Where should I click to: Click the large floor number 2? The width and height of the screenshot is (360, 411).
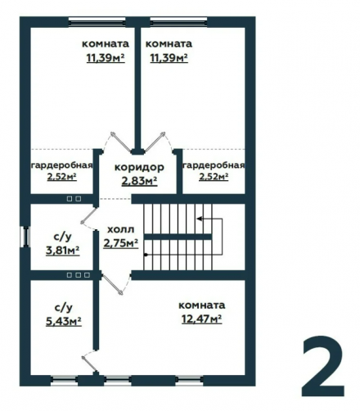pyautogui.click(x=323, y=367)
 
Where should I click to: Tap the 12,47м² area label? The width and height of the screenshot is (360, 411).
pyautogui.click(x=201, y=318)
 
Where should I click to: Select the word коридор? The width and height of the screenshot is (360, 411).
pyautogui.click(x=139, y=167)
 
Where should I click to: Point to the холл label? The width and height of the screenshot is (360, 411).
pyautogui.click(x=121, y=229)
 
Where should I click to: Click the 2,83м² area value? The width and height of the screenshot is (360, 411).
pyautogui.click(x=139, y=181)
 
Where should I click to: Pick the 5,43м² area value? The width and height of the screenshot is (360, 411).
pyautogui.click(x=64, y=322)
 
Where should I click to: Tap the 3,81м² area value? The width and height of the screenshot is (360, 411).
pyautogui.click(x=62, y=250)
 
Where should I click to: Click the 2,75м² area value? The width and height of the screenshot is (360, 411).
pyautogui.click(x=120, y=242)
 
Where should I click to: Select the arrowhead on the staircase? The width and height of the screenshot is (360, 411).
pyautogui.click(x=200, y=219)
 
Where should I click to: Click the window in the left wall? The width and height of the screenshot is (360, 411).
pyautogui.click(x=25, y=237)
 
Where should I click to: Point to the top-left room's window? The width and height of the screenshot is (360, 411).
pyautogui.click(x=97, y=22)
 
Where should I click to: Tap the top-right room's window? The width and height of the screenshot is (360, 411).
pyautogui.click(x=178, y=22)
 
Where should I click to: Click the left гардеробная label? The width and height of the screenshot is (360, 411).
pyautogui.click(x=62, y=165)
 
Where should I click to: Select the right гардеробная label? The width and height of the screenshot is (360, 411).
pyautogui.click(x=214, y=165)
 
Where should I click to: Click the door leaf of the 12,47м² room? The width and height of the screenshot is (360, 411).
pyautogui.click(x=111, y=284)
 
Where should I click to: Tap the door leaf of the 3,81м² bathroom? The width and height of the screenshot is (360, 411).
pyautogui.click(x=90, y=215)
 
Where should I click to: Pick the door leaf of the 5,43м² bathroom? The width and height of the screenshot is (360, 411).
pyautogui.click(x=90, y=364)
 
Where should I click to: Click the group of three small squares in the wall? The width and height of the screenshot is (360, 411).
pyautogui.click(x=79, y=275)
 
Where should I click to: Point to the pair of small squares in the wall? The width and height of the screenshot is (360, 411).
pyautogui.click(x=74, y=199)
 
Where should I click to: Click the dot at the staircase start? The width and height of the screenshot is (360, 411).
pyautogui.click(x=146, y=255)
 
